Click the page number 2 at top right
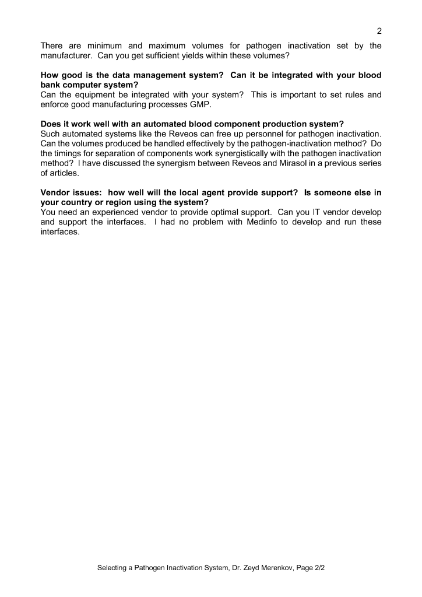point(379,30)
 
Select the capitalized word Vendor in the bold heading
point(55,193)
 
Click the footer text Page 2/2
point(310,567)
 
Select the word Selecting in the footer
point(115,567)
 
